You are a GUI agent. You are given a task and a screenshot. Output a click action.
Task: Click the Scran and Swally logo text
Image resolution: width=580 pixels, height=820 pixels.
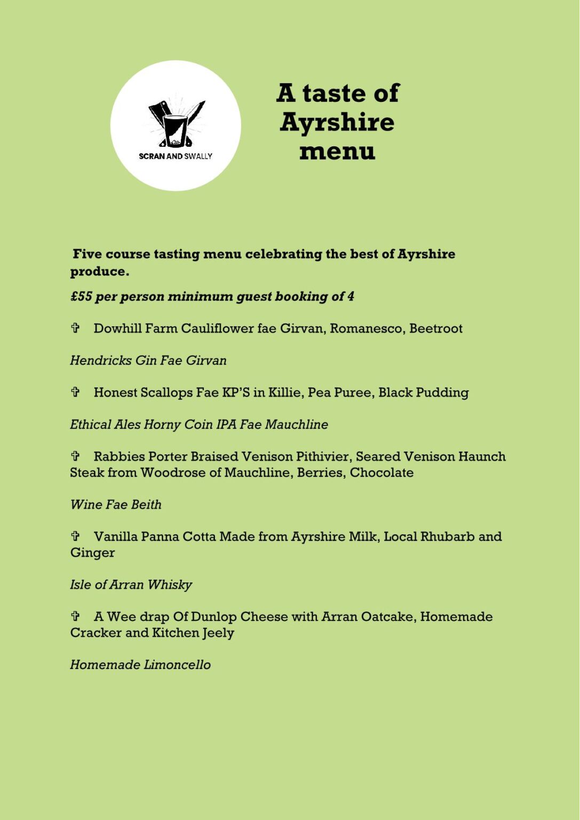pyautogui.click(x=176, y=156)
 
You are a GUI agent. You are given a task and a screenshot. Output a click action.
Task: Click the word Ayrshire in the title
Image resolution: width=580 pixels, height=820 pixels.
pyautogui.click(x=337, y=122)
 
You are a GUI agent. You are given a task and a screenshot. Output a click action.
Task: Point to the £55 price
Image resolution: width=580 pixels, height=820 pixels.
pyautogui.click(x=81, y=296)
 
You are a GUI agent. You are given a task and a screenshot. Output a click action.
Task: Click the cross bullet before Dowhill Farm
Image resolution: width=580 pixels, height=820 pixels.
pyautogui.click(x=75, y=328)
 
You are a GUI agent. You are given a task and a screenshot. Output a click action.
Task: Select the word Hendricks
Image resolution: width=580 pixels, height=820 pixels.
pyautogui.click(x=100, y=360)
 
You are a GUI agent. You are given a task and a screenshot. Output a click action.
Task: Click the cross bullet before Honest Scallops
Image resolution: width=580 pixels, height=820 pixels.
pyautogui.click(x=75, y=392)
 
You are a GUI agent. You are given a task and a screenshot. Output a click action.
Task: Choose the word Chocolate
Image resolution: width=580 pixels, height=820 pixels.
pyautogui.click(x=382, y=472)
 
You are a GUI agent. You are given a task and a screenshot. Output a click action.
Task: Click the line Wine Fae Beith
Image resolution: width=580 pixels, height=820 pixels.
pyautogui.click(x=116, y=504)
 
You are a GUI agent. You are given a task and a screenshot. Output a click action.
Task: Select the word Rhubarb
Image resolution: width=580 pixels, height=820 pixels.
pyautogui.click(x=447, y=537)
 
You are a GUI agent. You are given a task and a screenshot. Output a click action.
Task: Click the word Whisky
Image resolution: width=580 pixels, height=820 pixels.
pyautogui.click(x=170, y=585)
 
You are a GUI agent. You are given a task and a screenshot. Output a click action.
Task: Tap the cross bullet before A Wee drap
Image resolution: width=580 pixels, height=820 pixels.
pyautogui.click(x=75, y=616)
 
